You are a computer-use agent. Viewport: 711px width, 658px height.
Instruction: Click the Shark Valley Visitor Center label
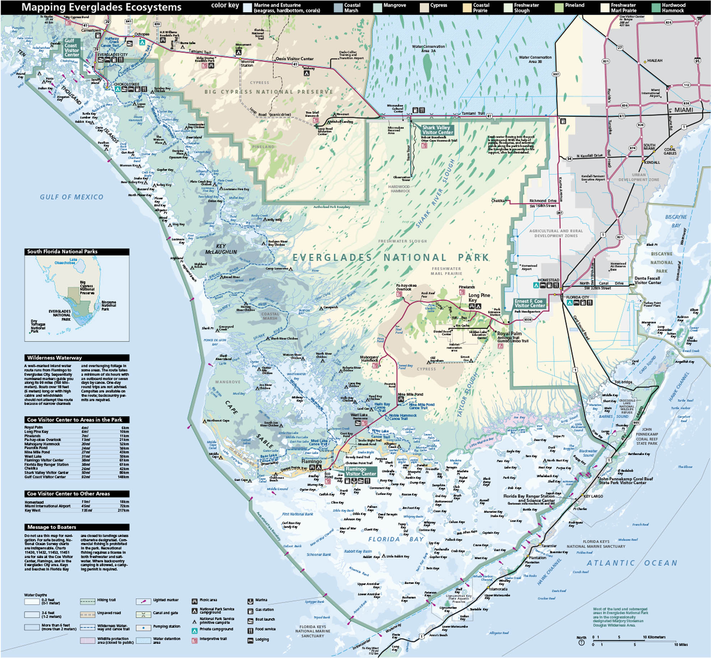click(437, 130)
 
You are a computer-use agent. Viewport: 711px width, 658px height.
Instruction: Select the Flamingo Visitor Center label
click(361, 471)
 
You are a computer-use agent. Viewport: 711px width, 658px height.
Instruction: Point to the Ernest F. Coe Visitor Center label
click(530, 303)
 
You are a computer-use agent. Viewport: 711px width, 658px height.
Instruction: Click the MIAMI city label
click(683, 110)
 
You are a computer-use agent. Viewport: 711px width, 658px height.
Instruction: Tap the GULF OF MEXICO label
click(71, 197)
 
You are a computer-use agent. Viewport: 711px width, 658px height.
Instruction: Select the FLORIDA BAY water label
click(396, 539)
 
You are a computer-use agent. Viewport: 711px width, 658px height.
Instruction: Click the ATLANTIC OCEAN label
click(632, 563)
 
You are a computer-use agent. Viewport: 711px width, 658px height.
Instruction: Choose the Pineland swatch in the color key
click(559, 8)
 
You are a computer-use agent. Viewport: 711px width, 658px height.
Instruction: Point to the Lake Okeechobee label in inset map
click(65, 261)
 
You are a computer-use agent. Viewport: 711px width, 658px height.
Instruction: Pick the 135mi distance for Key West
click(86, 510)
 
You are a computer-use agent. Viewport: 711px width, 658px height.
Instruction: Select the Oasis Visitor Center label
click(295, 59)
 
